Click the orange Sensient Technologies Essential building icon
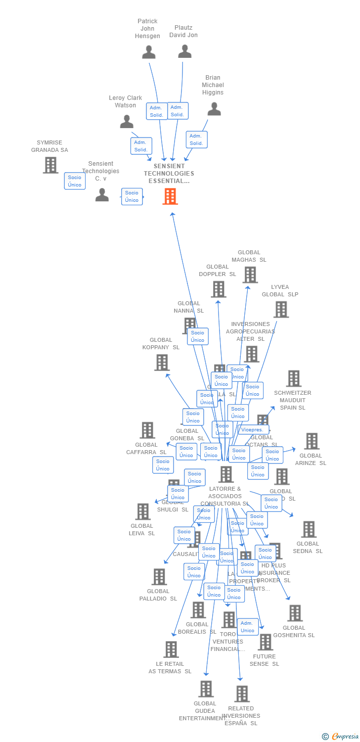(170, 196)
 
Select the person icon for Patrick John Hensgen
(148, 52)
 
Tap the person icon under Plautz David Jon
(184, 51)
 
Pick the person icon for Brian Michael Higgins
(214, 109)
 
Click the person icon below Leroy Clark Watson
(127, 121)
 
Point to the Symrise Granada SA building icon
(50, 165)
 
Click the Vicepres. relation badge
(252, 430)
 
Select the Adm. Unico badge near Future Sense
(247, 627)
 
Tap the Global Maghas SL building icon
(250, 275)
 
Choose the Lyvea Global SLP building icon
(281, 310)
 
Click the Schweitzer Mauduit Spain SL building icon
(293, 378)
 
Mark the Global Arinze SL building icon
(312, 441)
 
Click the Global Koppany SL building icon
(162, 363)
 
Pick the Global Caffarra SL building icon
(147, 430)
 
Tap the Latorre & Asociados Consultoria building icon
(225, 474)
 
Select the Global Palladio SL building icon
(159, 577)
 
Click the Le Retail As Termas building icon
(171, 649)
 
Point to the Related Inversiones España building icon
(241, 694)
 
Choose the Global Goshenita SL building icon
(294, 613)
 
